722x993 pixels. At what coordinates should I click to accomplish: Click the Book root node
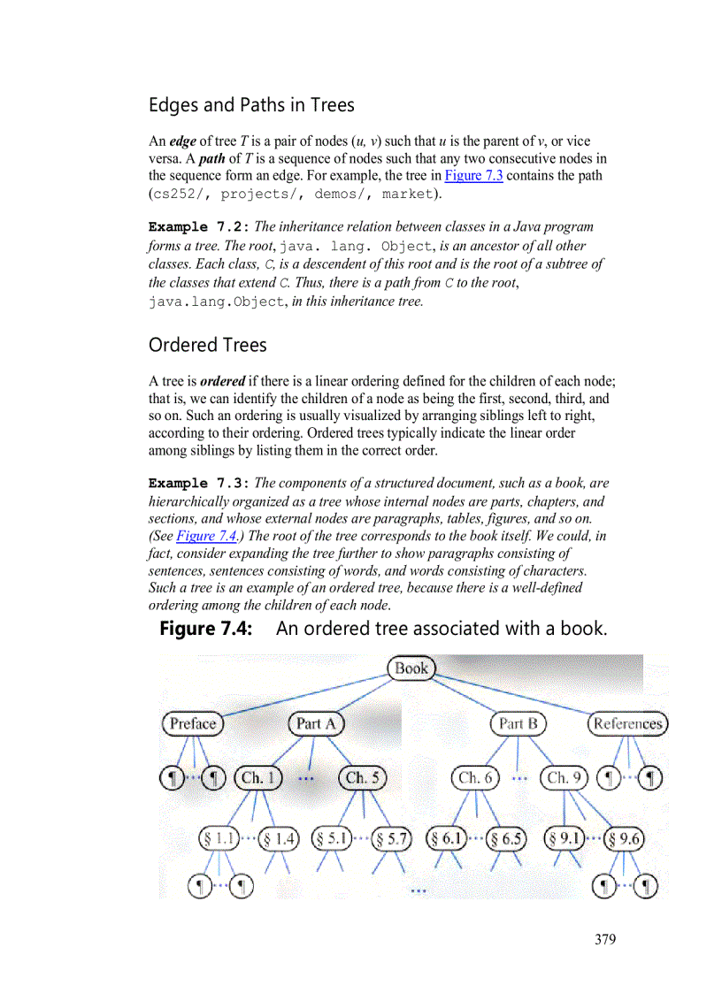(x=411, y=668)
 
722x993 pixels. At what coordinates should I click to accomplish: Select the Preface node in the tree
(x=192, y=723)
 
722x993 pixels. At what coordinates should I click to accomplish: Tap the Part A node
(x=316, y=723)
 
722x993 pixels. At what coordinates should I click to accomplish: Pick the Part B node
(x=518, y=723)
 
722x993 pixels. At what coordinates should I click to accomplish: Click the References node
(x=627, y=723)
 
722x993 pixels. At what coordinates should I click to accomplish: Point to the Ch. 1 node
(x=258, y=778)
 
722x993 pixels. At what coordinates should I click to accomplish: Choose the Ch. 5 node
(x=363, y=778)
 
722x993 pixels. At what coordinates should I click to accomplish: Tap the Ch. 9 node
(x=564, y=778)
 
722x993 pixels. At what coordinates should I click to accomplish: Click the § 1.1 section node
(x=219, y=837)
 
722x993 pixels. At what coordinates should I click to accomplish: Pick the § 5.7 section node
(x=391, y=837)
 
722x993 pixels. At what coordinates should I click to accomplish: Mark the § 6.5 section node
(x=505, y=837)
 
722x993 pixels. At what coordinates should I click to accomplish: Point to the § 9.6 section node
(x=623, y=837)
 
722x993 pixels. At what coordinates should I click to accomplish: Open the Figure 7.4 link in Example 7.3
(x=199, y=536)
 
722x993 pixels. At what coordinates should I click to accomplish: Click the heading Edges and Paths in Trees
(x=251, y=105)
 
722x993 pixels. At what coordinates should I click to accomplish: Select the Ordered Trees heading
(x=207, y=345)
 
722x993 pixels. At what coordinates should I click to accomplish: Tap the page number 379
(x=605, y=939)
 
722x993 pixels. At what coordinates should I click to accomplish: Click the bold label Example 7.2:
(x=199, y=227)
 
